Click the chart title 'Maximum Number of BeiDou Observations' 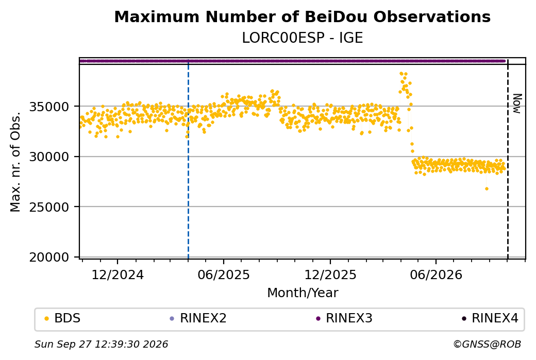[302, 17]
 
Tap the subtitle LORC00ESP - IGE [302, 38]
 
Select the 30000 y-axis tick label [49, 157]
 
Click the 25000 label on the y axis [49, 208]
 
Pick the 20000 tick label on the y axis [49, 257]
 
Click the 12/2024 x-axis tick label [118, 275]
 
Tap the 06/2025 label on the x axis [224, 275]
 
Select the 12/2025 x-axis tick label [330, 275]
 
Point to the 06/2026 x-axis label [436, 275]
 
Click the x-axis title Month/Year [303, 293]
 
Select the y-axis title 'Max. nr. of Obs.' [15, 162]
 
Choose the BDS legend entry [62, 318]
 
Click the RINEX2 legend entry [198, 318]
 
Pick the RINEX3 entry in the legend [344, 318]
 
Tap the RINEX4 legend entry [490, 318]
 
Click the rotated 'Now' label [517, 104]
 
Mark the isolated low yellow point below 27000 [487, 189]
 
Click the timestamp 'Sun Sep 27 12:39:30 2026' [102, 344]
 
